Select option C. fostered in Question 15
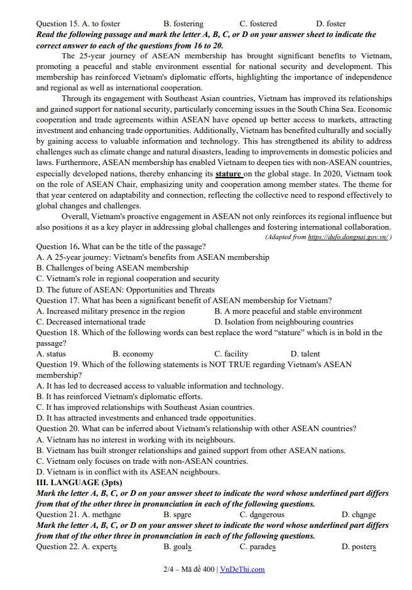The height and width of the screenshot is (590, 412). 258,24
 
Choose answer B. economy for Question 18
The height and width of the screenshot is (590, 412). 133,354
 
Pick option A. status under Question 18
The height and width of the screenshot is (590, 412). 51,354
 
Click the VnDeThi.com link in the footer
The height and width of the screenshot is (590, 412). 242,569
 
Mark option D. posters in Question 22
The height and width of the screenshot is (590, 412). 359,547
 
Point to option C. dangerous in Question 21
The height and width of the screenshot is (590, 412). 262,515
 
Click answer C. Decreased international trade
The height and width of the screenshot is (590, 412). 91,322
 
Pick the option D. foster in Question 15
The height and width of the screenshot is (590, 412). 331,24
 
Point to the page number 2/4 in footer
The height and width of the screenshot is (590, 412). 168,569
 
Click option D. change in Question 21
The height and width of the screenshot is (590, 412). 359,515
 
